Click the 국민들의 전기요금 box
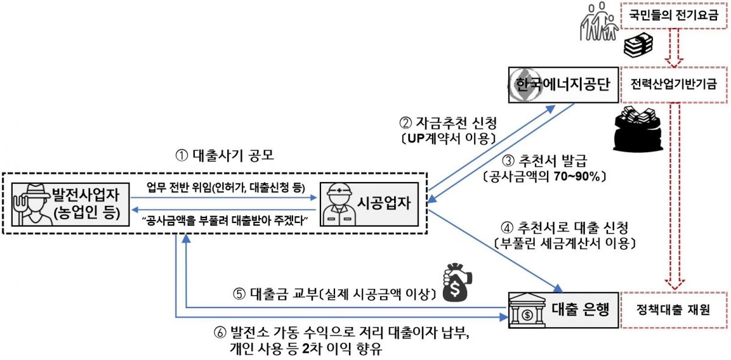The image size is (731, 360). tap(674, 15)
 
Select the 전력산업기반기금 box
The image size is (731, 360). tap(674, 85)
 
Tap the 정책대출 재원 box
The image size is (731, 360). tap(674, 309)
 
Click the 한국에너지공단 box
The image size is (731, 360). tap(563, 85)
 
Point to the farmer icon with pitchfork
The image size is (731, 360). tap(32, 205)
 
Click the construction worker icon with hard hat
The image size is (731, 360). tap(339, 204)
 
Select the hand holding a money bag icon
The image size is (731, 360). tap(457, 282)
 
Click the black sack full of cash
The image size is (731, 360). tap(638, 129)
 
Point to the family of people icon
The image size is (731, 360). tap(599, 21)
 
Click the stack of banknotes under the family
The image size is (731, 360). tap(638, 46)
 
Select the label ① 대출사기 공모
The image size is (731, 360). tap(225, 155)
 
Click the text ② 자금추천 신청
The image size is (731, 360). tap(448, 123)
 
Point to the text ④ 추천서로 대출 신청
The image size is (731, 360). tap(564, 228)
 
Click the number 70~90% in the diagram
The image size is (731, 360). tap(577, 177)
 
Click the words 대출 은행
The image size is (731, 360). tap(581, 309)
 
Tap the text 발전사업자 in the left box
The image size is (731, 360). tap(86, 194)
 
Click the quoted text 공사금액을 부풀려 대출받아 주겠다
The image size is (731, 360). tap(225, 221)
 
